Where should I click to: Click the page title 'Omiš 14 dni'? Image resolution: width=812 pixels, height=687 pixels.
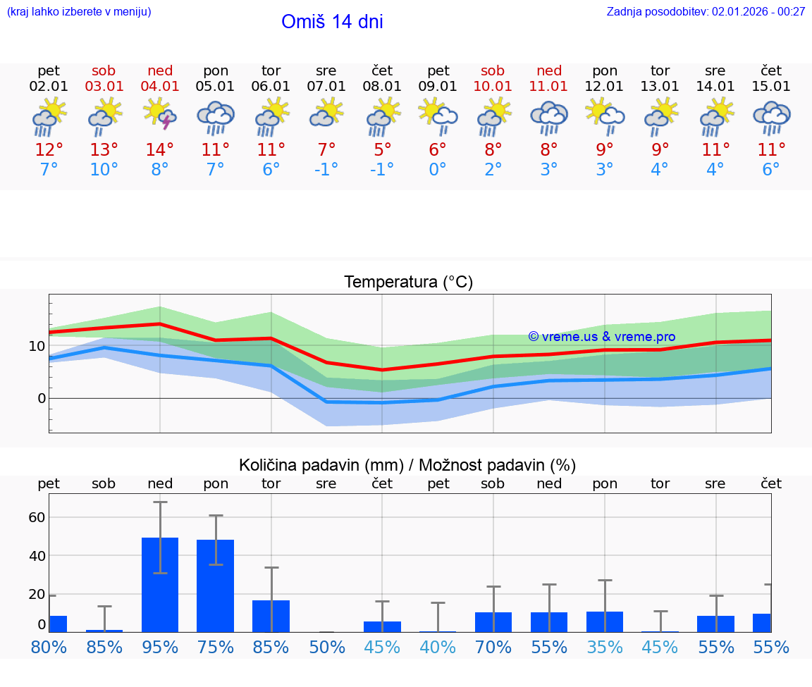332,22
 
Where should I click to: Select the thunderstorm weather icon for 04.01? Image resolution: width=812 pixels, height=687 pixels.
160,114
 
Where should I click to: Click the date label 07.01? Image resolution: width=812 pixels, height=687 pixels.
326,87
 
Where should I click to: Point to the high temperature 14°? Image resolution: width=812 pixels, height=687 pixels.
160,150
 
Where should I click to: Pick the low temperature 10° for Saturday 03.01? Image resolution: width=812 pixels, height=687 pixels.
104,170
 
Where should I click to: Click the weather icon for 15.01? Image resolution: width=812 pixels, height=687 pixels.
771,117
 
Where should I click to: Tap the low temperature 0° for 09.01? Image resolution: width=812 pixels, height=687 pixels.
438,170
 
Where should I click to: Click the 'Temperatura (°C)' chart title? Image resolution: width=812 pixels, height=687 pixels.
408,283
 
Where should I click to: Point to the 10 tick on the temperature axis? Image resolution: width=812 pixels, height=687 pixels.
37,346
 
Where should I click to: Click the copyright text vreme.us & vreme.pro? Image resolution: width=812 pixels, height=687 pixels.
602,337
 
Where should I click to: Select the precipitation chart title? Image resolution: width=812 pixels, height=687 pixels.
407,465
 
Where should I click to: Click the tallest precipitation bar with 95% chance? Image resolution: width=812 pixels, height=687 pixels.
160,585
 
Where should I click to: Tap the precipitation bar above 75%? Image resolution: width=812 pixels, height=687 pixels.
216,586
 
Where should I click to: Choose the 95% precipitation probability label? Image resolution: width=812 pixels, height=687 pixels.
160,647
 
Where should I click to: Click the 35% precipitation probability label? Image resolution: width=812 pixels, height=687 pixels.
605,647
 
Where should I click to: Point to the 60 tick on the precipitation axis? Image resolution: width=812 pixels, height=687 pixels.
37,517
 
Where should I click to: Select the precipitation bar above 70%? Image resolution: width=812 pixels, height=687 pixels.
493,622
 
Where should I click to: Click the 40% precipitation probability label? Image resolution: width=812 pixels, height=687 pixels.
438,647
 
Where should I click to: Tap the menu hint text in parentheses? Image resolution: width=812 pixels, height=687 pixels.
78,11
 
